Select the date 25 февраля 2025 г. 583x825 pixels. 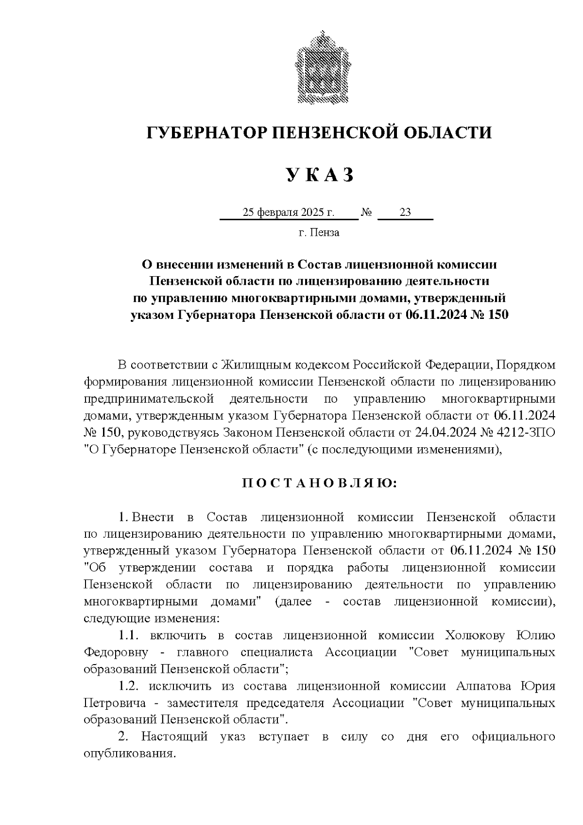[289, 212]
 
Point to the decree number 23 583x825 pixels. [405, 212]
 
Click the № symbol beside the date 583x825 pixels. [367, 212]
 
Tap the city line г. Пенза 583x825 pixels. [319, 232]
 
